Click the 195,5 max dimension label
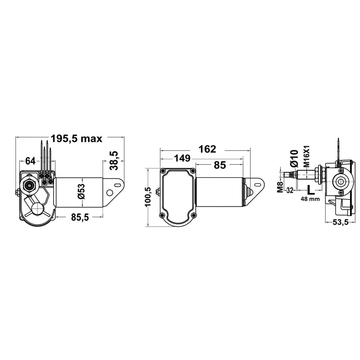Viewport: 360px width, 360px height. [76, 139]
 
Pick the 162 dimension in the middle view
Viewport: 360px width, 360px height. [207, 149]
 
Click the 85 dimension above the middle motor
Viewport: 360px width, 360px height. [220, 165]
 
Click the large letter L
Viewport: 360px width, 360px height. [310, 189]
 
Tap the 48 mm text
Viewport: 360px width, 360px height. [310, 199]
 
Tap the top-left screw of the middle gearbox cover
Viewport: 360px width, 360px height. [162, 171]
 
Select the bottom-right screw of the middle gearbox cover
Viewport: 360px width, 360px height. [193, 216]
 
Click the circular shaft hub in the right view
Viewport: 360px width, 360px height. [340, 182]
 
